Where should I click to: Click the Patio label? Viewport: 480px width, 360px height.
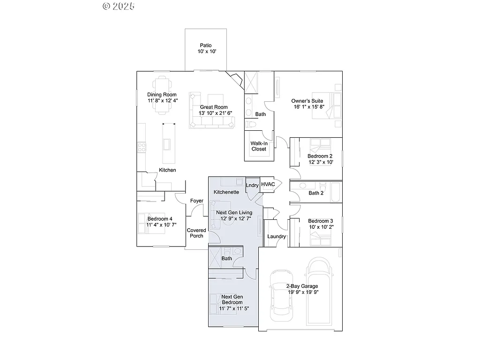tap(206, 45)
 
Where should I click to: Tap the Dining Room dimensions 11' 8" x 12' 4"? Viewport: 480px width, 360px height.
tap(163, 100)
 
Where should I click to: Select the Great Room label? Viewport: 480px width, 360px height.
tap(214, 107)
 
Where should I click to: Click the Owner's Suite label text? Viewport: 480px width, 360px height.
tap(307, 101)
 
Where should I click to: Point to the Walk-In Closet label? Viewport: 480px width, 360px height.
tap(259, 146)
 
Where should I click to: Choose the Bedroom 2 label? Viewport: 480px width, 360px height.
tap(320, 156)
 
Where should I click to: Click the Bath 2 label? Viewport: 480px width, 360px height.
tap(316, 193)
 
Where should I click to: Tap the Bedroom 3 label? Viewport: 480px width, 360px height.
tap(321, 221)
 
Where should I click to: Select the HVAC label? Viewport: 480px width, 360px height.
tap(268, 184)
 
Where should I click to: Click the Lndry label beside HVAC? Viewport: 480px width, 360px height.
tap(252, 185)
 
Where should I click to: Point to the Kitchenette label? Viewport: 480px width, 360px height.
tap(226, 192)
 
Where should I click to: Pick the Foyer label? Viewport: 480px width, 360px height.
tap(196, 201)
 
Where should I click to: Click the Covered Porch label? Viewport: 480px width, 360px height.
tap(196, 233)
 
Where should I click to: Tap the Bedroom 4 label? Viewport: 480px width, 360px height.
tap(160, 219)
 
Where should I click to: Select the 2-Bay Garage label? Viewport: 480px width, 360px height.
tap(302, 286)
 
